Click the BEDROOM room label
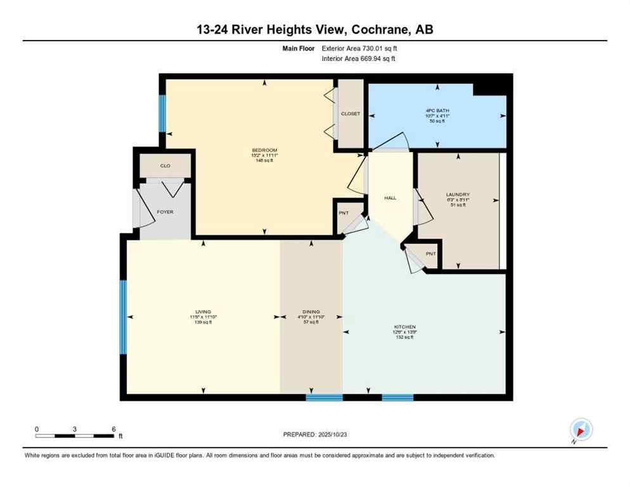[x=264, y=150]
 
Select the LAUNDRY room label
[x=456, y=195]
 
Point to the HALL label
[x=390, y=198]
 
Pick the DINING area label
[x=311, y=312]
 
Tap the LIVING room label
[x=203, y=312]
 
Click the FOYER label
[x=165, y=212]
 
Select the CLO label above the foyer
[x=165, y=166]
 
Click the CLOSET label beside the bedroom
[x=350, y=114]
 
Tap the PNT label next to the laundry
[x=431, y=254]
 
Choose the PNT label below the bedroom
[x=344, y=213]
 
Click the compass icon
[x=581, y=429]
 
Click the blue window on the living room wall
[x=124, y=317]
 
